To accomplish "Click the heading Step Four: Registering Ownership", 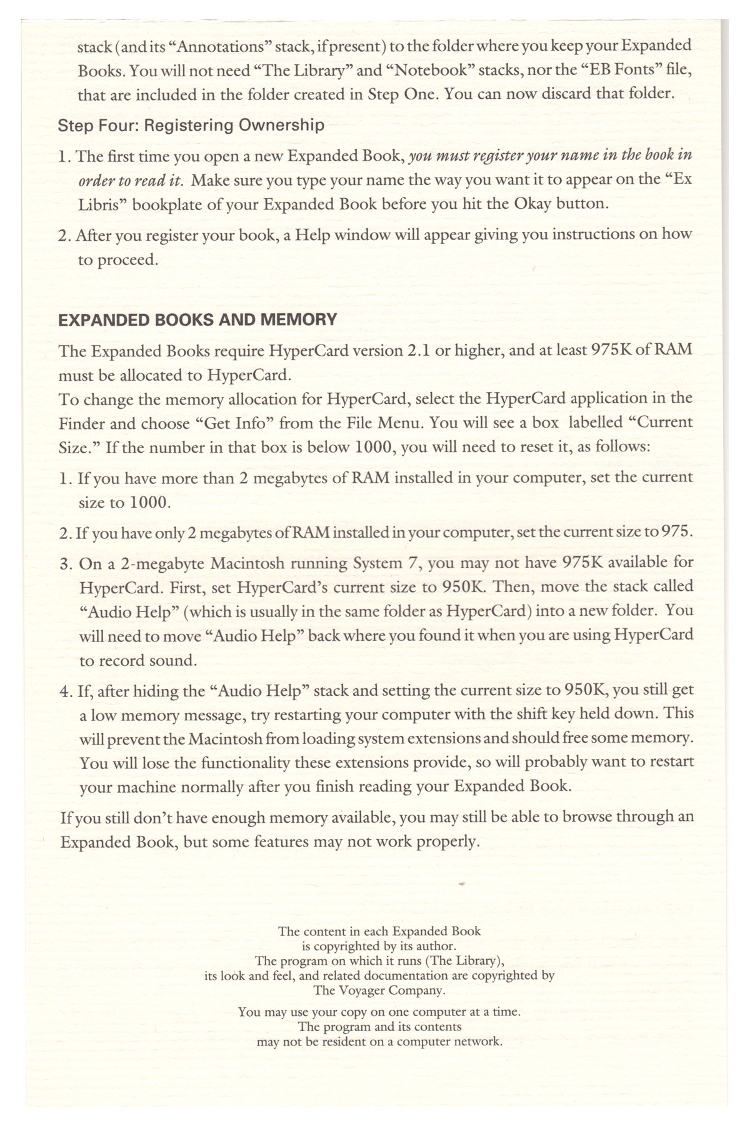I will pyautogui.click(x=191, y=125).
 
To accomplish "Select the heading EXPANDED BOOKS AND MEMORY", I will pyautogui.click(x=197, y=320).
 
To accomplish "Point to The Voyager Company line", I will pyautogui.click(x=379, y=990).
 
